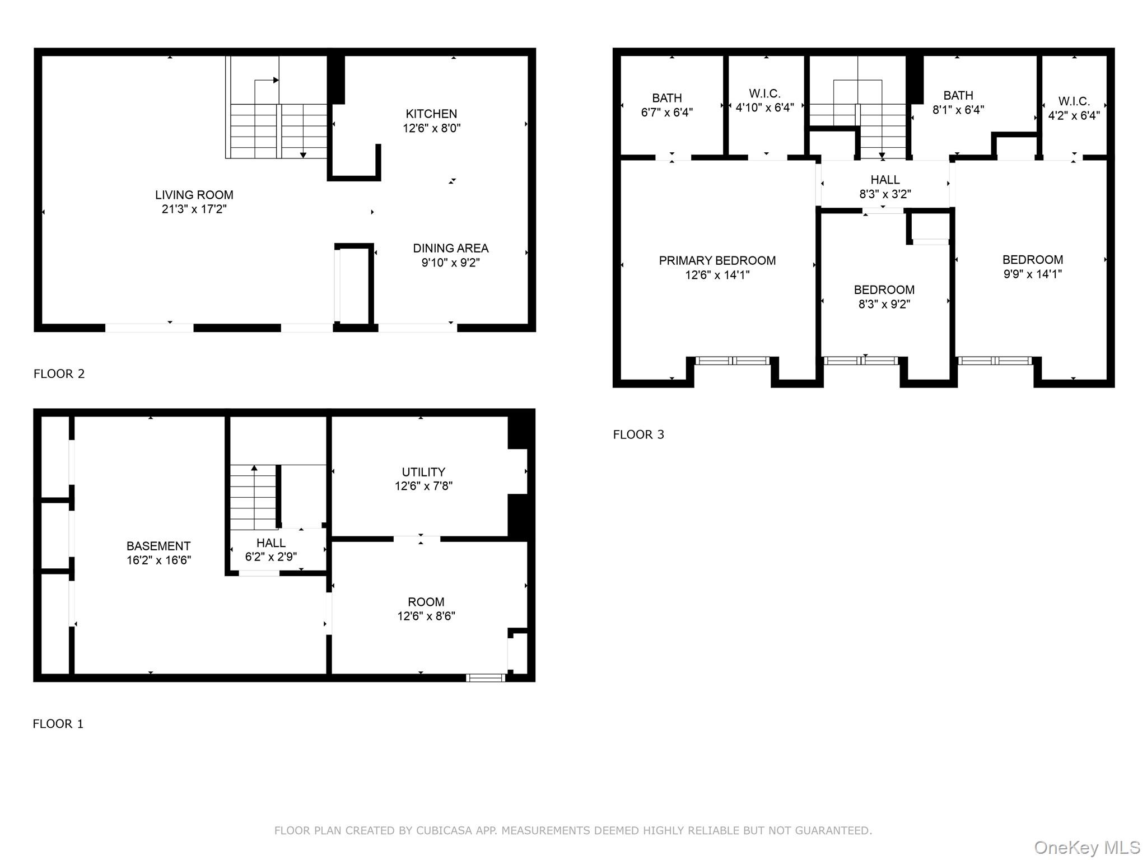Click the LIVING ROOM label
click(x=194, y=195)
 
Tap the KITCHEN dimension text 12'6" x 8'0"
click(x=431, y=128)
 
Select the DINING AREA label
click(x=450, y=249)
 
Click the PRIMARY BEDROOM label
click(x=717, y=261)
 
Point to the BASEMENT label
click(x=158, y=546)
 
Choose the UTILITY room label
click(x=423, y=472)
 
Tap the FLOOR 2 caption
click(x=59, y=374)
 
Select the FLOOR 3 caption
click(x=638, y=434)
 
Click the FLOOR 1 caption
click(x=58, y=724)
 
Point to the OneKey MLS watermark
click(x=1087, y=848)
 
